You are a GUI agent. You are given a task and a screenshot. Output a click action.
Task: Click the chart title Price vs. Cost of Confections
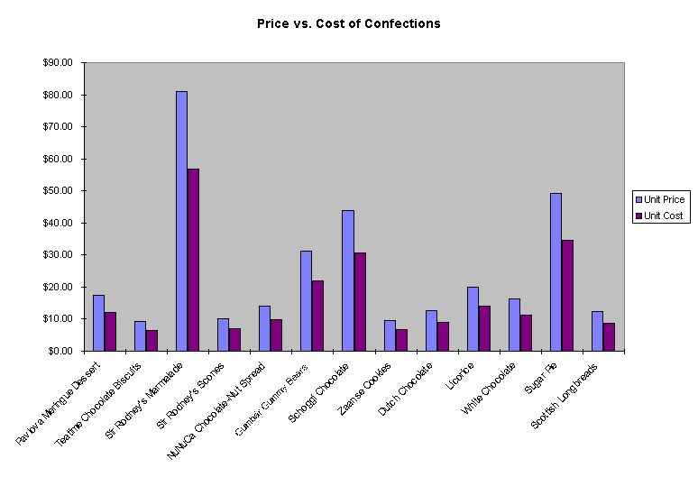coord(349,24)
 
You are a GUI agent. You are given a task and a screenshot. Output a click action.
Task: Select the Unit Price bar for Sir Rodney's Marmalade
coord(181,221)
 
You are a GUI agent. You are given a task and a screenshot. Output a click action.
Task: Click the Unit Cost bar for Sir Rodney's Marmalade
coord(193,260)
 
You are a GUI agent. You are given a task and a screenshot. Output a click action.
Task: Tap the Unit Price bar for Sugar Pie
coord(556,271)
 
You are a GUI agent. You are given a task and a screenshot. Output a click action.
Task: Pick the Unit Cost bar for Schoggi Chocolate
coord(360,301)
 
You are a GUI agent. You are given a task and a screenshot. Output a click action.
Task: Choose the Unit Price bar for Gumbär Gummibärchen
coord(306,300)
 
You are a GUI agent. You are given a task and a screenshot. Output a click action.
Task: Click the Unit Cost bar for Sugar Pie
coord(567,295)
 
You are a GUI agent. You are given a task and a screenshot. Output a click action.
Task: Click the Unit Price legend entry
coord(665,199)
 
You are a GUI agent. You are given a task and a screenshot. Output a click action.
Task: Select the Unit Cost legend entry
coord(664,216)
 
